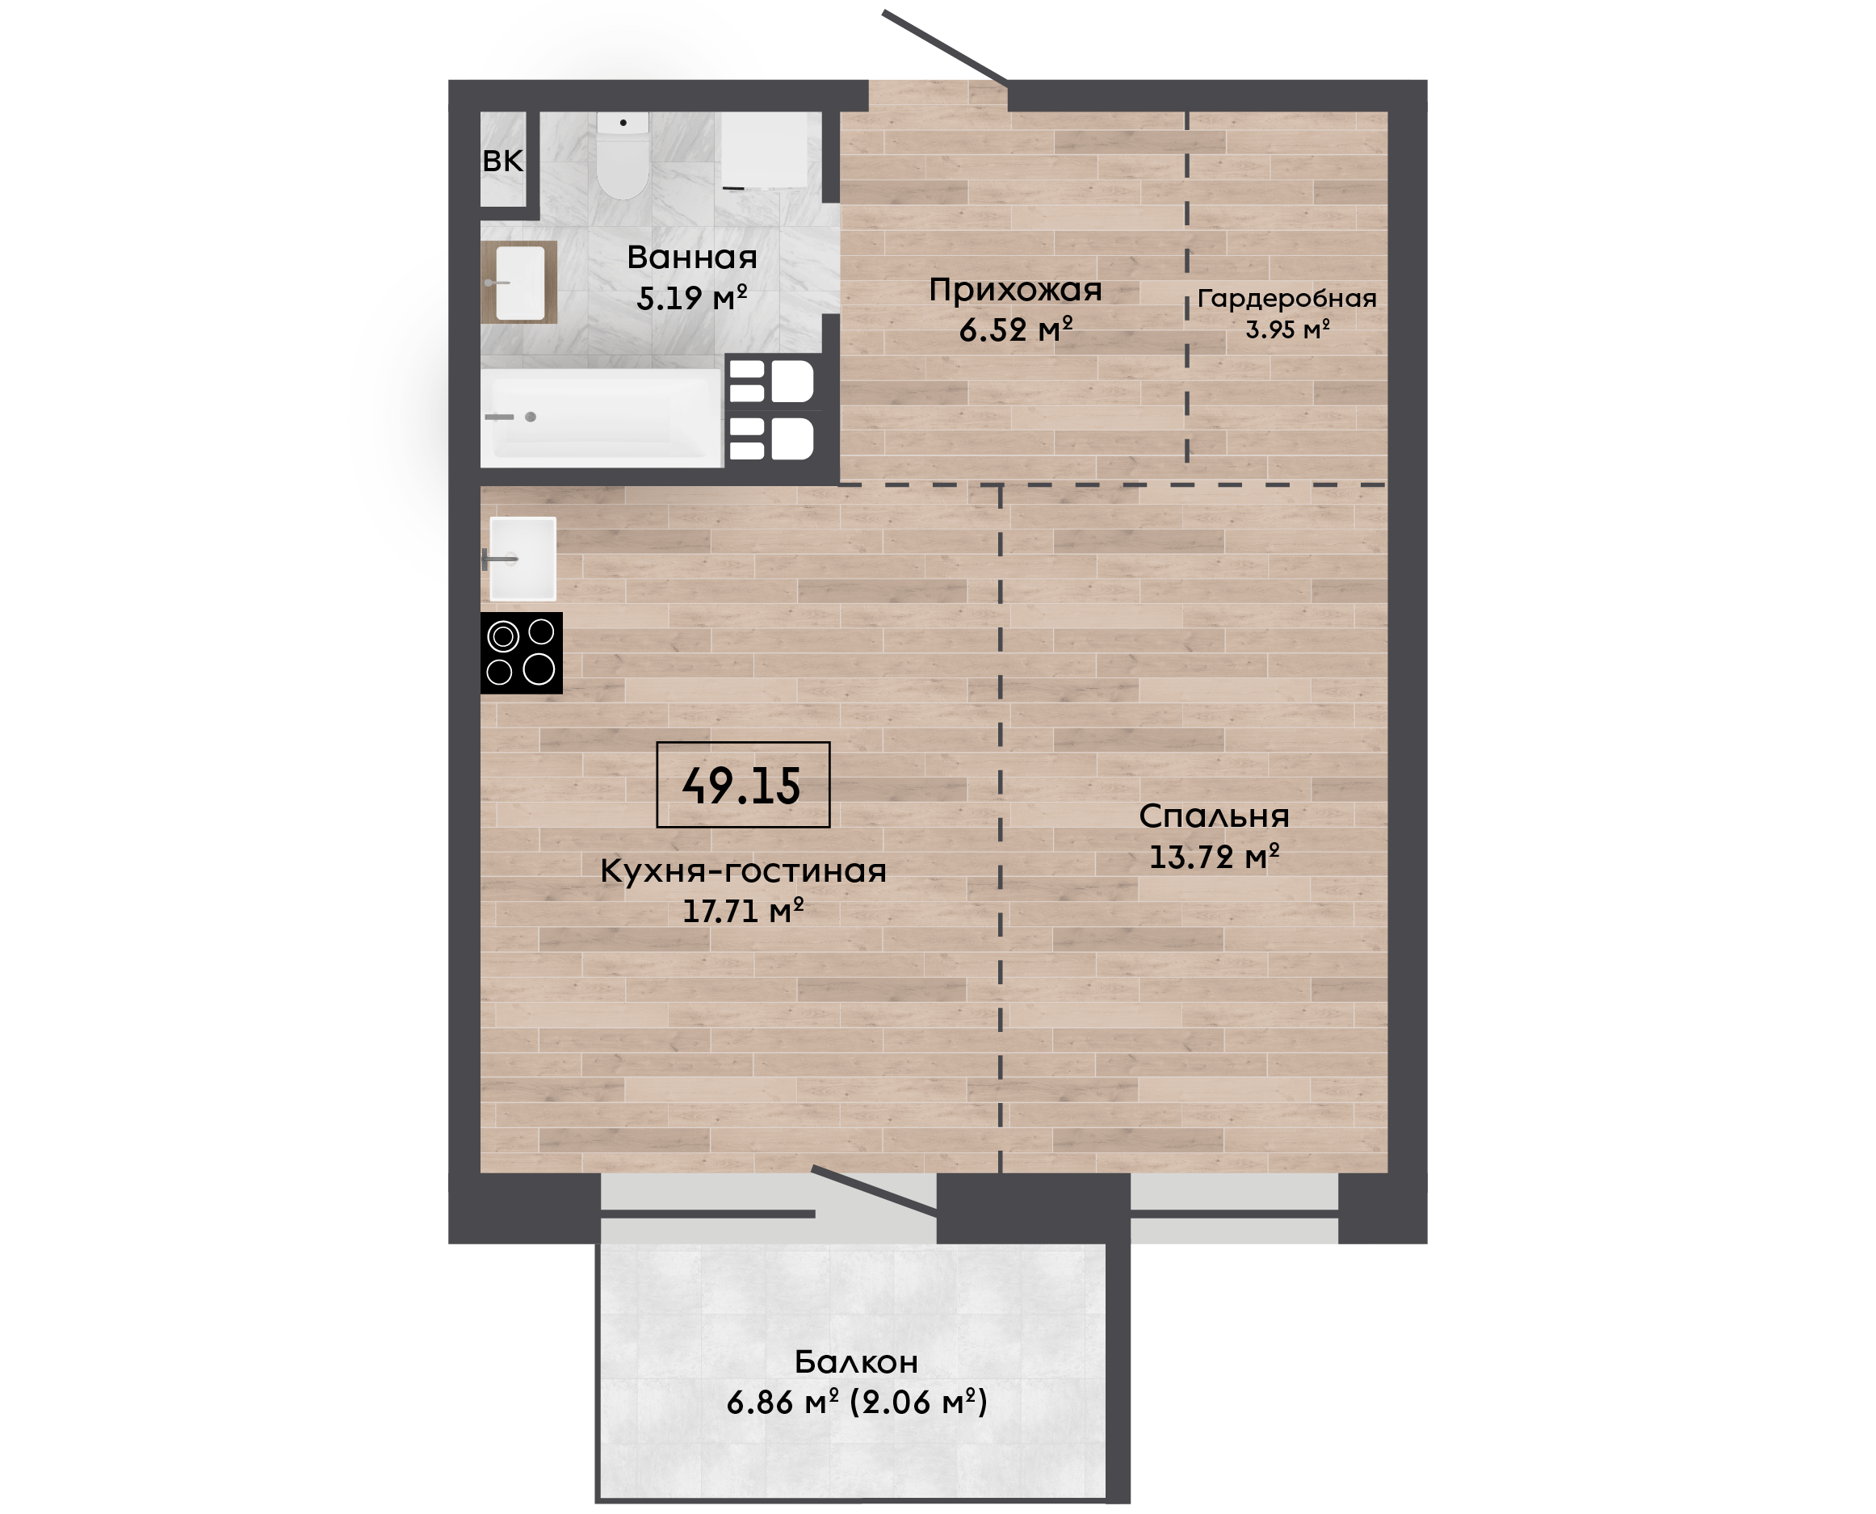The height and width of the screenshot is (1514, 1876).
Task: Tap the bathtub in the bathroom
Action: (601, 417)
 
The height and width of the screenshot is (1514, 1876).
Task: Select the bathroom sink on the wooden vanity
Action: (520, 283)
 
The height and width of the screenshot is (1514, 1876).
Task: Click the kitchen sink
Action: (523, 559)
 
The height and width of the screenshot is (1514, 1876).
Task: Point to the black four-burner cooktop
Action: (522, 653)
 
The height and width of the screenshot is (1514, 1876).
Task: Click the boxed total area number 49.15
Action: (742, 785)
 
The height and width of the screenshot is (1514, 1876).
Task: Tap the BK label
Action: (502, 161)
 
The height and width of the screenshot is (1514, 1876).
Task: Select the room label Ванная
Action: (691, 258)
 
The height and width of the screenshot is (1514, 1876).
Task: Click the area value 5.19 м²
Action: (691, 298)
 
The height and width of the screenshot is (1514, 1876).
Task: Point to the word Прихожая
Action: (1015, 290)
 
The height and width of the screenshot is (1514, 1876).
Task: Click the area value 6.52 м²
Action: (1015, 329)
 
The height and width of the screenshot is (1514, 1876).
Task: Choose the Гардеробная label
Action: (1286, 299)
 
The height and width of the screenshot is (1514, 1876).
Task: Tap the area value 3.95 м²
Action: (1287, 329)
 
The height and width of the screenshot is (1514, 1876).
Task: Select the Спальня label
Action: (1213, 816)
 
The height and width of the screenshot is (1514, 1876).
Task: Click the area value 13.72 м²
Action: (1213, 858)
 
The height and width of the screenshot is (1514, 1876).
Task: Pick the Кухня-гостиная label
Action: (743, 870)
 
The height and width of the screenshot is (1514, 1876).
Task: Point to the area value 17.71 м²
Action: (743, 912)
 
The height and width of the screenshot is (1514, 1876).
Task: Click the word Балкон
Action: (855, 1361)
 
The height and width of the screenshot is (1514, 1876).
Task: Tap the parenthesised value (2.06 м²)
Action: (918, 1403)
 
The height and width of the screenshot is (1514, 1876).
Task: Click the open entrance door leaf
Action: (946, 47)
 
